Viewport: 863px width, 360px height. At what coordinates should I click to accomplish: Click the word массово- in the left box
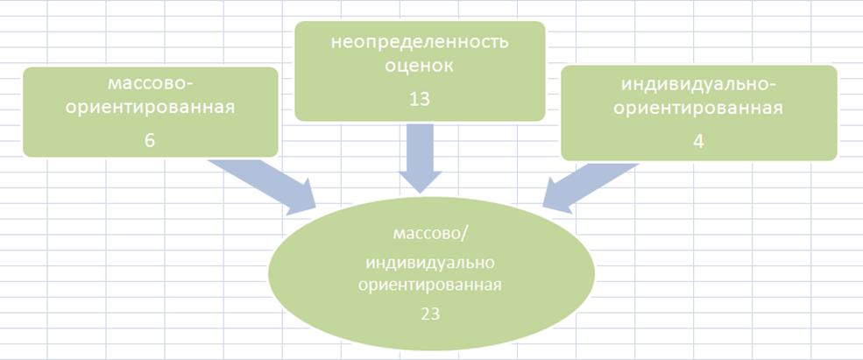150,85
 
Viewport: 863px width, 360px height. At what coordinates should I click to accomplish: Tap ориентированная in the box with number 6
150,108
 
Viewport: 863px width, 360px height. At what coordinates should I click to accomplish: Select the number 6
150,140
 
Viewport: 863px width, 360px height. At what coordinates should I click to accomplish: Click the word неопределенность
420,42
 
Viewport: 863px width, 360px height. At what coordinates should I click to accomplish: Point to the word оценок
420,66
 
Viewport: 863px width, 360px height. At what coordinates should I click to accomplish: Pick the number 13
420,99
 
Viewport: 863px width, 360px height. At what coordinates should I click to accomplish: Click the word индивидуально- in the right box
698,85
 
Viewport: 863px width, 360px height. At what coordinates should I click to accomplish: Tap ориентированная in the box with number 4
698,109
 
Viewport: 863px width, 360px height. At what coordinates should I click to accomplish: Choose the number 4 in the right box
698,142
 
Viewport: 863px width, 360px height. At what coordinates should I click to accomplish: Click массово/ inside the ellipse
431,233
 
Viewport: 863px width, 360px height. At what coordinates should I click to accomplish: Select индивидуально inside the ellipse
430,263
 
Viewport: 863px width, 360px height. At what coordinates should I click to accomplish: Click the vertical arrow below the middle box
420,158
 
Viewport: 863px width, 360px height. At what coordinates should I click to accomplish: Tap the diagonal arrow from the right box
591,187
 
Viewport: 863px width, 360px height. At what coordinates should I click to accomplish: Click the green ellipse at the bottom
431,273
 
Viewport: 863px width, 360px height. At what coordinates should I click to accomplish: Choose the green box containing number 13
420,71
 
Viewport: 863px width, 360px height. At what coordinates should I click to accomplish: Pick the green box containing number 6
150,112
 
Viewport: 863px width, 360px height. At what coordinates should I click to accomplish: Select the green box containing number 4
699,113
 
